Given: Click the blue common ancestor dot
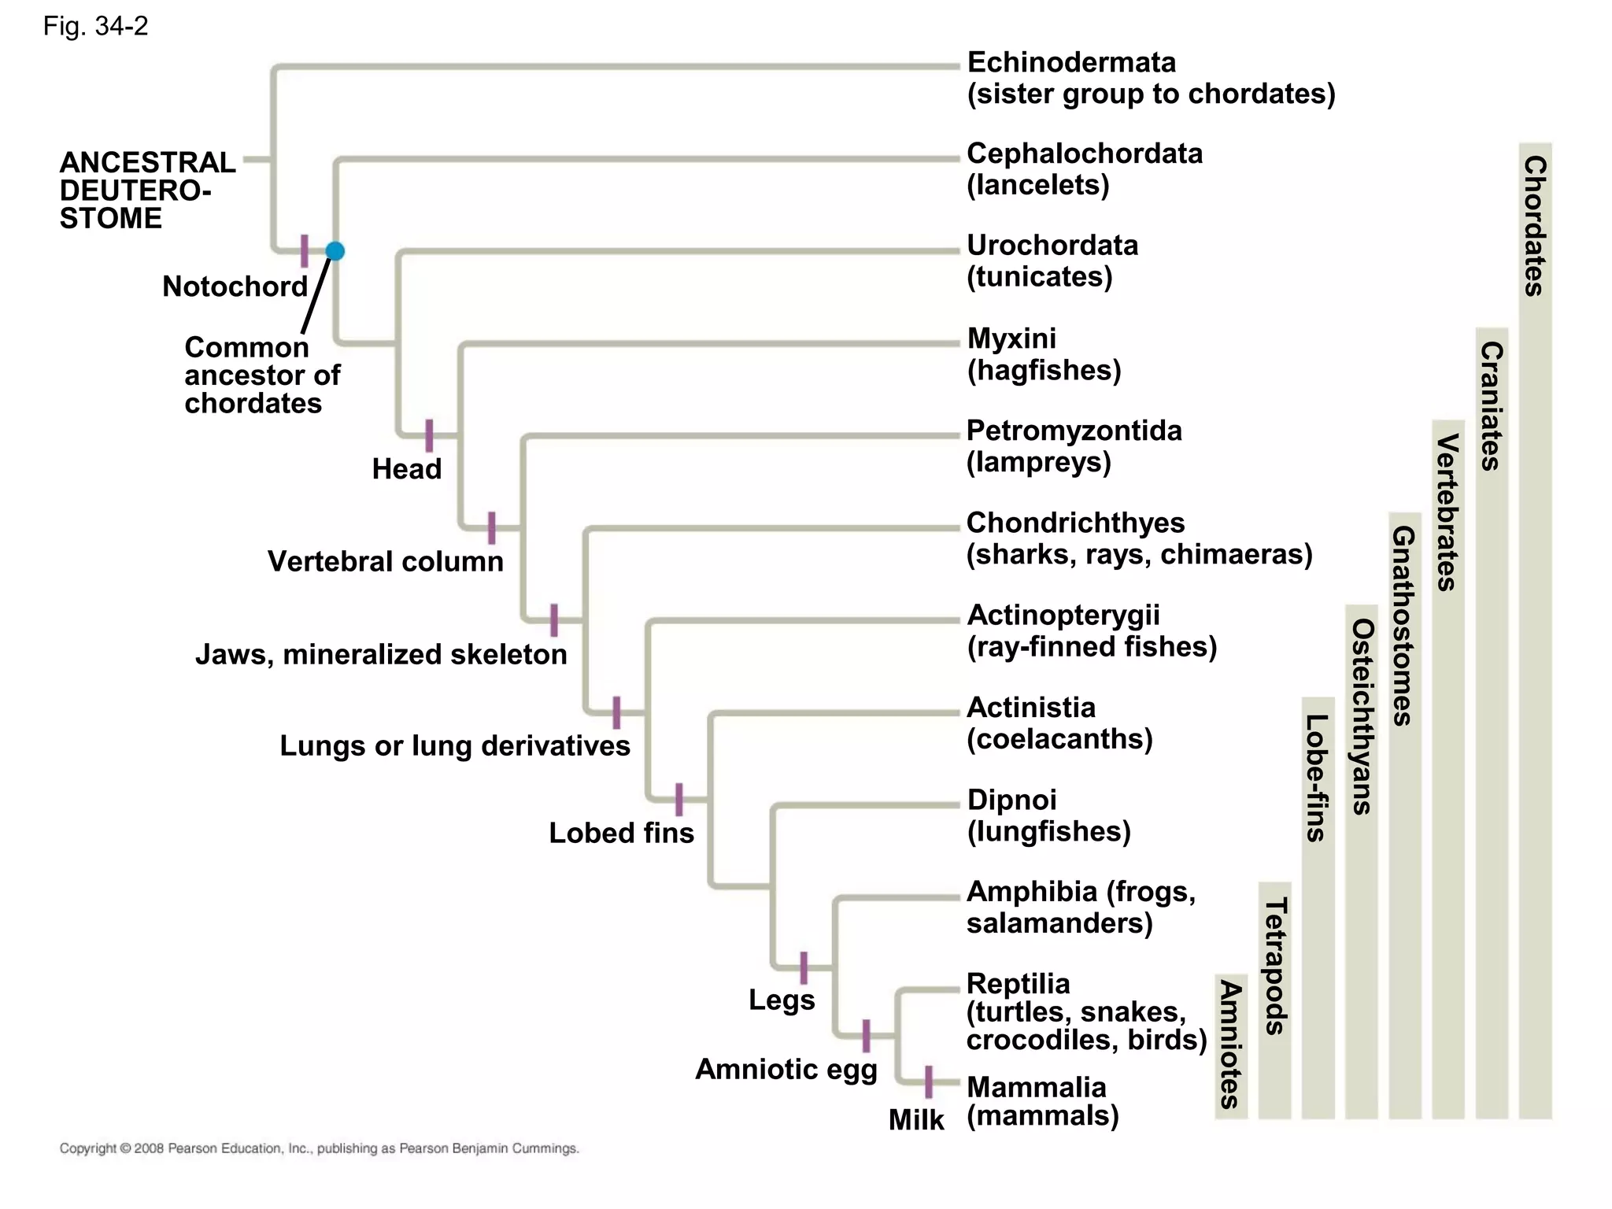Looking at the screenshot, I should tap(335, 251).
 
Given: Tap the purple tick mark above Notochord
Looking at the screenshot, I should tap(305, 250).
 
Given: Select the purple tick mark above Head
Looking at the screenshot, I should tap(429, 435).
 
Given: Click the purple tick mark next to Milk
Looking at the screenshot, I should tap(929, 1081).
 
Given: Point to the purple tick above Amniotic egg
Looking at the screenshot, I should tap(866, 1036).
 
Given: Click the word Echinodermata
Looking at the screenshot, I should tap(1070, 62).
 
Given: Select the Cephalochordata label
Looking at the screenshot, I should tap(1084, 153).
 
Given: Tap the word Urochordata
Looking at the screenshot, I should tap(1052, 246).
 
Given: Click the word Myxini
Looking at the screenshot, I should tap(1011, 338).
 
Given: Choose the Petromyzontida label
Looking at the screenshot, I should tap(1074, 431).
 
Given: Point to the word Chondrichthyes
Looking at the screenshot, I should tap(1074, 523).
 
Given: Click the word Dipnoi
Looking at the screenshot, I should tap(1011, 800).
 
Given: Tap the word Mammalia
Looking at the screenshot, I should tap(1036, 1087).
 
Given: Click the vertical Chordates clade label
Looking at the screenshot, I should tap(1535, 226).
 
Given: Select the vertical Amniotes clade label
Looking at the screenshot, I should tap(1230, 1044).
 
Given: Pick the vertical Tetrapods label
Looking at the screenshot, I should tap(1275, 966).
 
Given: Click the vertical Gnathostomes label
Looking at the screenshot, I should tap(1404, 625).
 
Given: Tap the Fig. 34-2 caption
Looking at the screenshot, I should tap(95, 27).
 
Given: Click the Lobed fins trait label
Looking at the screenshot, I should tap(621, 833).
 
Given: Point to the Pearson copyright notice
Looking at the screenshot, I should tap(319, 1148).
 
